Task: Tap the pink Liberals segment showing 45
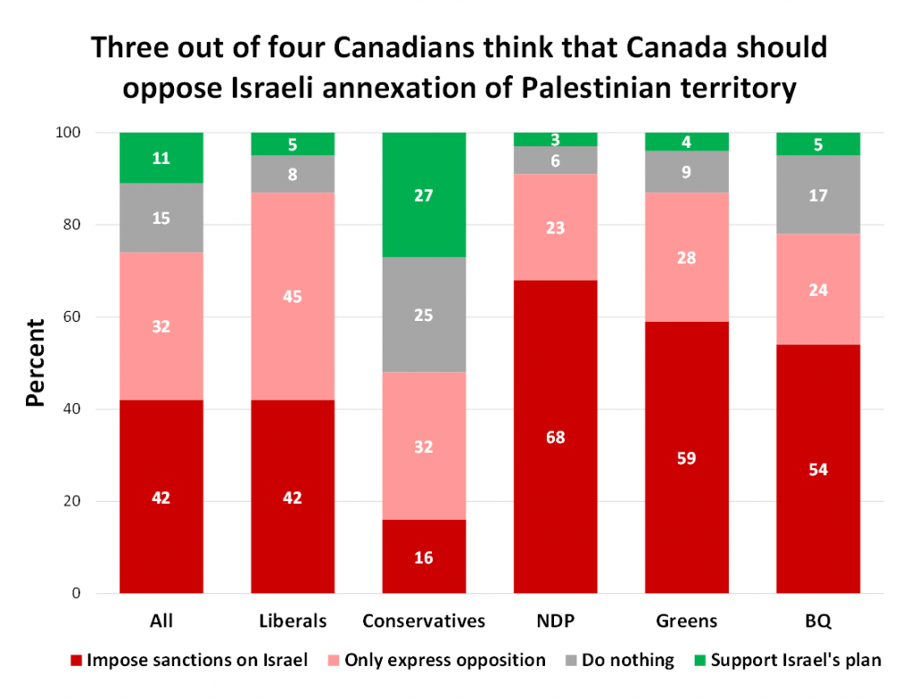click(x=292, y=269)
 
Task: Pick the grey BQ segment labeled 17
click(x=818, y=194)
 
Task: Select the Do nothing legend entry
click(x=619, y=661)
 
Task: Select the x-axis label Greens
click(x=687, y=620)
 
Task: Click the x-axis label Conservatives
click(x=424, y=620)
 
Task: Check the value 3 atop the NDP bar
click(x=555, y=140)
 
